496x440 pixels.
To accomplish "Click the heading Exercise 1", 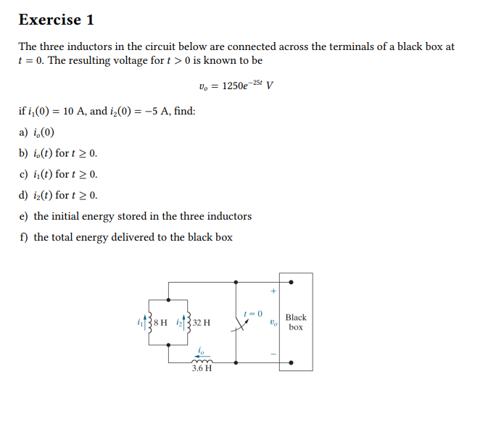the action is pos(56,20).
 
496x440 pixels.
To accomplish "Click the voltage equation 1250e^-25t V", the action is pos(236,86).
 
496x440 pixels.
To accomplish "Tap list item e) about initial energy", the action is pos(135,216).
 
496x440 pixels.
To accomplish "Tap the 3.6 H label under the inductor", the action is pos(202,368).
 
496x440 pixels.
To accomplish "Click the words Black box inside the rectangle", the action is pos(296,323).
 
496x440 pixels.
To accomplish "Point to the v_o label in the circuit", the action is pos(272,322).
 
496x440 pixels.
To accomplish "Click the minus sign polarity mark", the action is pos(273,354).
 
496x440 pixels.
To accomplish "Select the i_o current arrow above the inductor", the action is pos(201,352).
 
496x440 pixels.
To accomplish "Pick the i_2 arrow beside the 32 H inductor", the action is pos(185,320).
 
